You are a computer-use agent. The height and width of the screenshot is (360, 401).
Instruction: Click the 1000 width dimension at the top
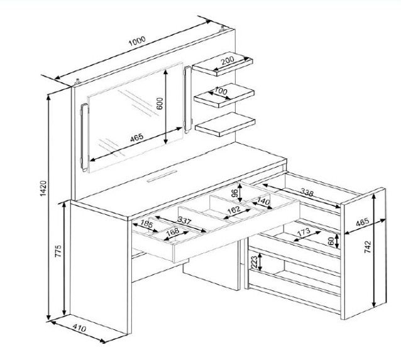coord(137,41)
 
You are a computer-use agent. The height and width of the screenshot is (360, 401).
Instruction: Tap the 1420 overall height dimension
coord(43,188)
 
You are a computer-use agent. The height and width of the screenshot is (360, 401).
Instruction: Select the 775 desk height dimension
coord(58,251)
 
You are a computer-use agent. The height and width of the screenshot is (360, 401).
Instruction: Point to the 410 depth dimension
coord(79,328)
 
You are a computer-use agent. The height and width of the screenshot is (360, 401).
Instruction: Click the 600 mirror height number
coord(160,104)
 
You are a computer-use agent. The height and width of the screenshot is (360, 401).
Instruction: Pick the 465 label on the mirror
coord(137,138)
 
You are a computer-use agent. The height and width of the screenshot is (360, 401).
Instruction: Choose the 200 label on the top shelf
coord(228,60)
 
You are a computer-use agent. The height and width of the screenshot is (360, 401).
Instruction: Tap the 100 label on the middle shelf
coord(221,90)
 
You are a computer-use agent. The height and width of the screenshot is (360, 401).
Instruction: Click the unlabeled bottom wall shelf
coord(225,124)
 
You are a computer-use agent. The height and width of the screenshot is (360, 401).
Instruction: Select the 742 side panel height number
coord(367,247)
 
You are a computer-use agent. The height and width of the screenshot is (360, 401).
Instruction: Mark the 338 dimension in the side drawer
coord(307,192)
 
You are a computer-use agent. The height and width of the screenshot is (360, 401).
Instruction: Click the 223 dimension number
coord(254,262)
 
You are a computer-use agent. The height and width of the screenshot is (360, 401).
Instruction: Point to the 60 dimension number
coord(331,241)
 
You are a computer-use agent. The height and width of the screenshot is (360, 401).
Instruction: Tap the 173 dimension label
coord(304,232)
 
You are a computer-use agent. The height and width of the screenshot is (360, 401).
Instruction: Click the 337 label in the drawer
coord(184,220)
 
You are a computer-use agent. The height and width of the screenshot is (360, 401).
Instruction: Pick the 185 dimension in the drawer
coord(146,224)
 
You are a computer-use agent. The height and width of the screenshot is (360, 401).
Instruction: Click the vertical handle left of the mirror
coord(84,138)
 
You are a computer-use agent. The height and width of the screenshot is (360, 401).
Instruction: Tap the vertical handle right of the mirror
coord(187,100)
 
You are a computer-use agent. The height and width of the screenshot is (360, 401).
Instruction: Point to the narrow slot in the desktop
coord(162,176)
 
